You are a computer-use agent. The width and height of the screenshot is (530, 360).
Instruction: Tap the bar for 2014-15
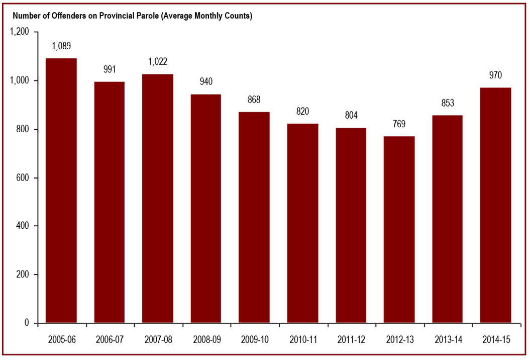[x=496, y=205]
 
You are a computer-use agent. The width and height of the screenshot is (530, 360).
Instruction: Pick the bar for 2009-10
[x=254, y=217]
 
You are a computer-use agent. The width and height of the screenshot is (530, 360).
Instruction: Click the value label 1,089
[x=61, y=46]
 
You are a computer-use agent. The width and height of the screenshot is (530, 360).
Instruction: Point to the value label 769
[x=399, y=124]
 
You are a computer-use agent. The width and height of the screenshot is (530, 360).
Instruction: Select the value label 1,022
[x=158, y=62]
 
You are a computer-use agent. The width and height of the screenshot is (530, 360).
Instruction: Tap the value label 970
[x=496, y=75]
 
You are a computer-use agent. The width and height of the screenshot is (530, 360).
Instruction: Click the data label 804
[x=351, y=116]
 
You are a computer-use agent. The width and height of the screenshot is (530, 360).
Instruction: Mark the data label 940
[x=206, y=82]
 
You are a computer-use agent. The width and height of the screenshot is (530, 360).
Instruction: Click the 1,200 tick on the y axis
[x=20, y=32]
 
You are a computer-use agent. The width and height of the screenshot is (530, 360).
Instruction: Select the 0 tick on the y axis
[x=28, y=323]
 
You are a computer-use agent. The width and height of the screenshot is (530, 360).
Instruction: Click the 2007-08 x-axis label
[x=158, y=340]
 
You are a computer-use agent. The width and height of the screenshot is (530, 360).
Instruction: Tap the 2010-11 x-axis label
[x=302, y=340]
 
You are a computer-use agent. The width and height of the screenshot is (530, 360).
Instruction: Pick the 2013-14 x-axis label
[x=448, y=340]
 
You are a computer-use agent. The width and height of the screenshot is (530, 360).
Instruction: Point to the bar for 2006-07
[x=110, y=202]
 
